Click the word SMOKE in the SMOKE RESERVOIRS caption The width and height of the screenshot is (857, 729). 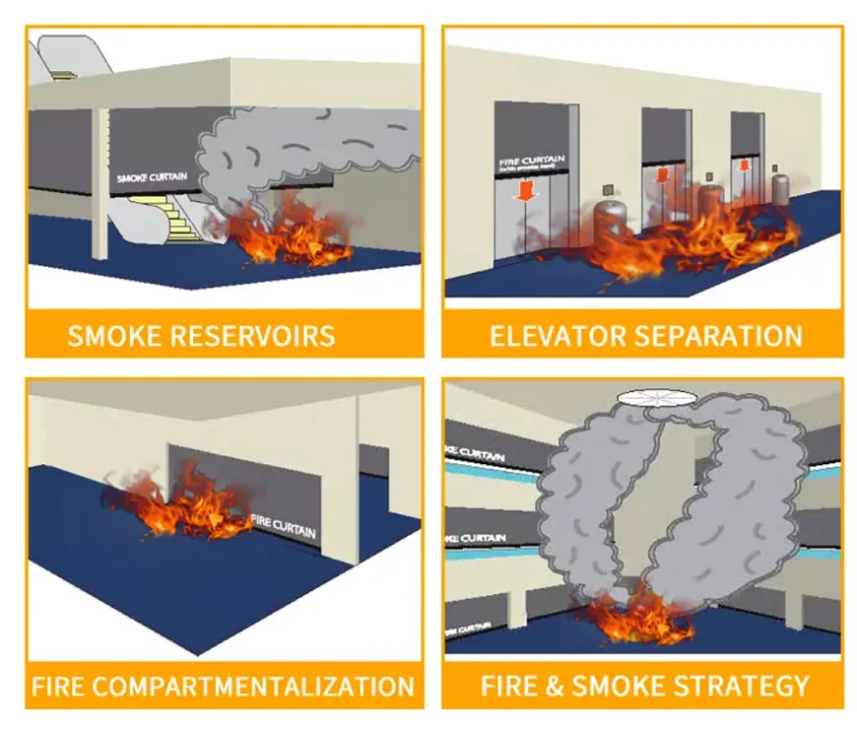(110, 336)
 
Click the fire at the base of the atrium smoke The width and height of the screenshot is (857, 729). (630, 617)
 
